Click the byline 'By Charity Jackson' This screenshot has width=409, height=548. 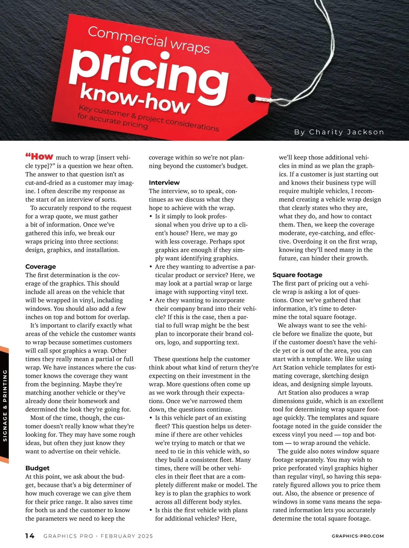339,132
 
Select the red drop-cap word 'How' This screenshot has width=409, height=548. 40,157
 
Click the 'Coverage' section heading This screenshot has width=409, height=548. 41,266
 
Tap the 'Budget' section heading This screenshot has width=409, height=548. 37,468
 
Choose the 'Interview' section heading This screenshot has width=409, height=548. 164,183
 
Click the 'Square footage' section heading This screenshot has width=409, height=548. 297,275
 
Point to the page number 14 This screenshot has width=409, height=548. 30,536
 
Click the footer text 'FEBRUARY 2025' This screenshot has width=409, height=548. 127,536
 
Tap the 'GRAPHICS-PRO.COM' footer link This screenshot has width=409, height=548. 358,536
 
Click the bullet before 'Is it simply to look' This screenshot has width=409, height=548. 151,217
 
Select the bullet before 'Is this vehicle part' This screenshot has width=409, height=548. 151,418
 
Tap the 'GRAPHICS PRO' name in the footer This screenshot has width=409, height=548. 68,536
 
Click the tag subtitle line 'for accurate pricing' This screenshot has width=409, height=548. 112,121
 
